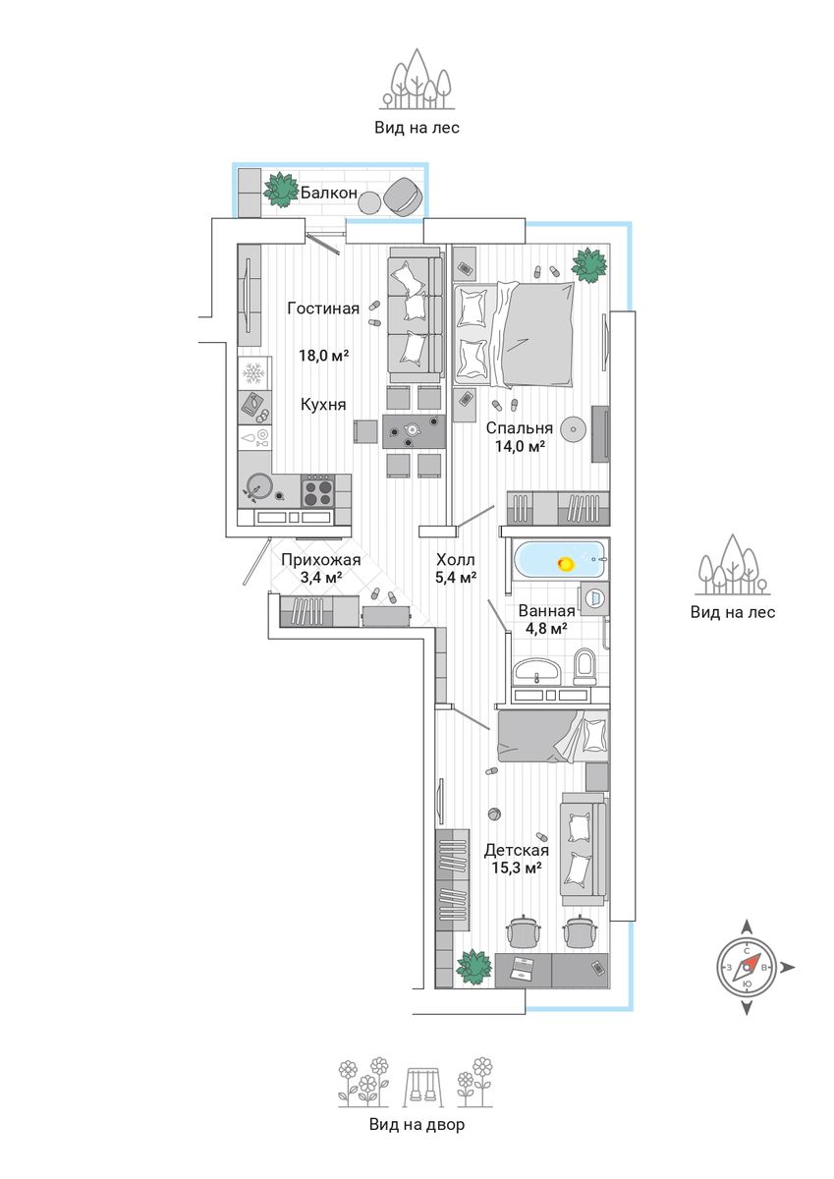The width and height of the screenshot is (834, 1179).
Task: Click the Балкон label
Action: click(328, 194)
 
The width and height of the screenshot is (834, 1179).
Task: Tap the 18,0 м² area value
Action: click(324, 356)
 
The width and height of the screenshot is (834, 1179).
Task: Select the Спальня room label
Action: click(519, 428)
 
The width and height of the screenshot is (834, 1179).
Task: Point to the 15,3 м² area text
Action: click(516, 868)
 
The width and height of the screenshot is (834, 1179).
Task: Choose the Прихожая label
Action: click(320, 560)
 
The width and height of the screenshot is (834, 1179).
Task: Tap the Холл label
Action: click(456, 560)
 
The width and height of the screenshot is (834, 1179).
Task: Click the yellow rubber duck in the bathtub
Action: click(566, 564)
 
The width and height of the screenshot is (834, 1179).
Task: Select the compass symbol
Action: click(748, 967)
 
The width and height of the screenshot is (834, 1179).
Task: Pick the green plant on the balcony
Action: click(282, 189)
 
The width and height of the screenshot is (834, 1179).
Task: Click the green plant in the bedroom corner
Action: click(590, 263)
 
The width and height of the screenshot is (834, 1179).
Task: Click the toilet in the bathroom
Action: click(584, 665)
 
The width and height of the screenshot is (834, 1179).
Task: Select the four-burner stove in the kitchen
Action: click(317, 489)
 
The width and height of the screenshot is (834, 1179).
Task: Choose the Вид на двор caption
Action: click(417, 1125)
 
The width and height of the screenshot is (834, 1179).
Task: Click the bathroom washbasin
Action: click(535, 671)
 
